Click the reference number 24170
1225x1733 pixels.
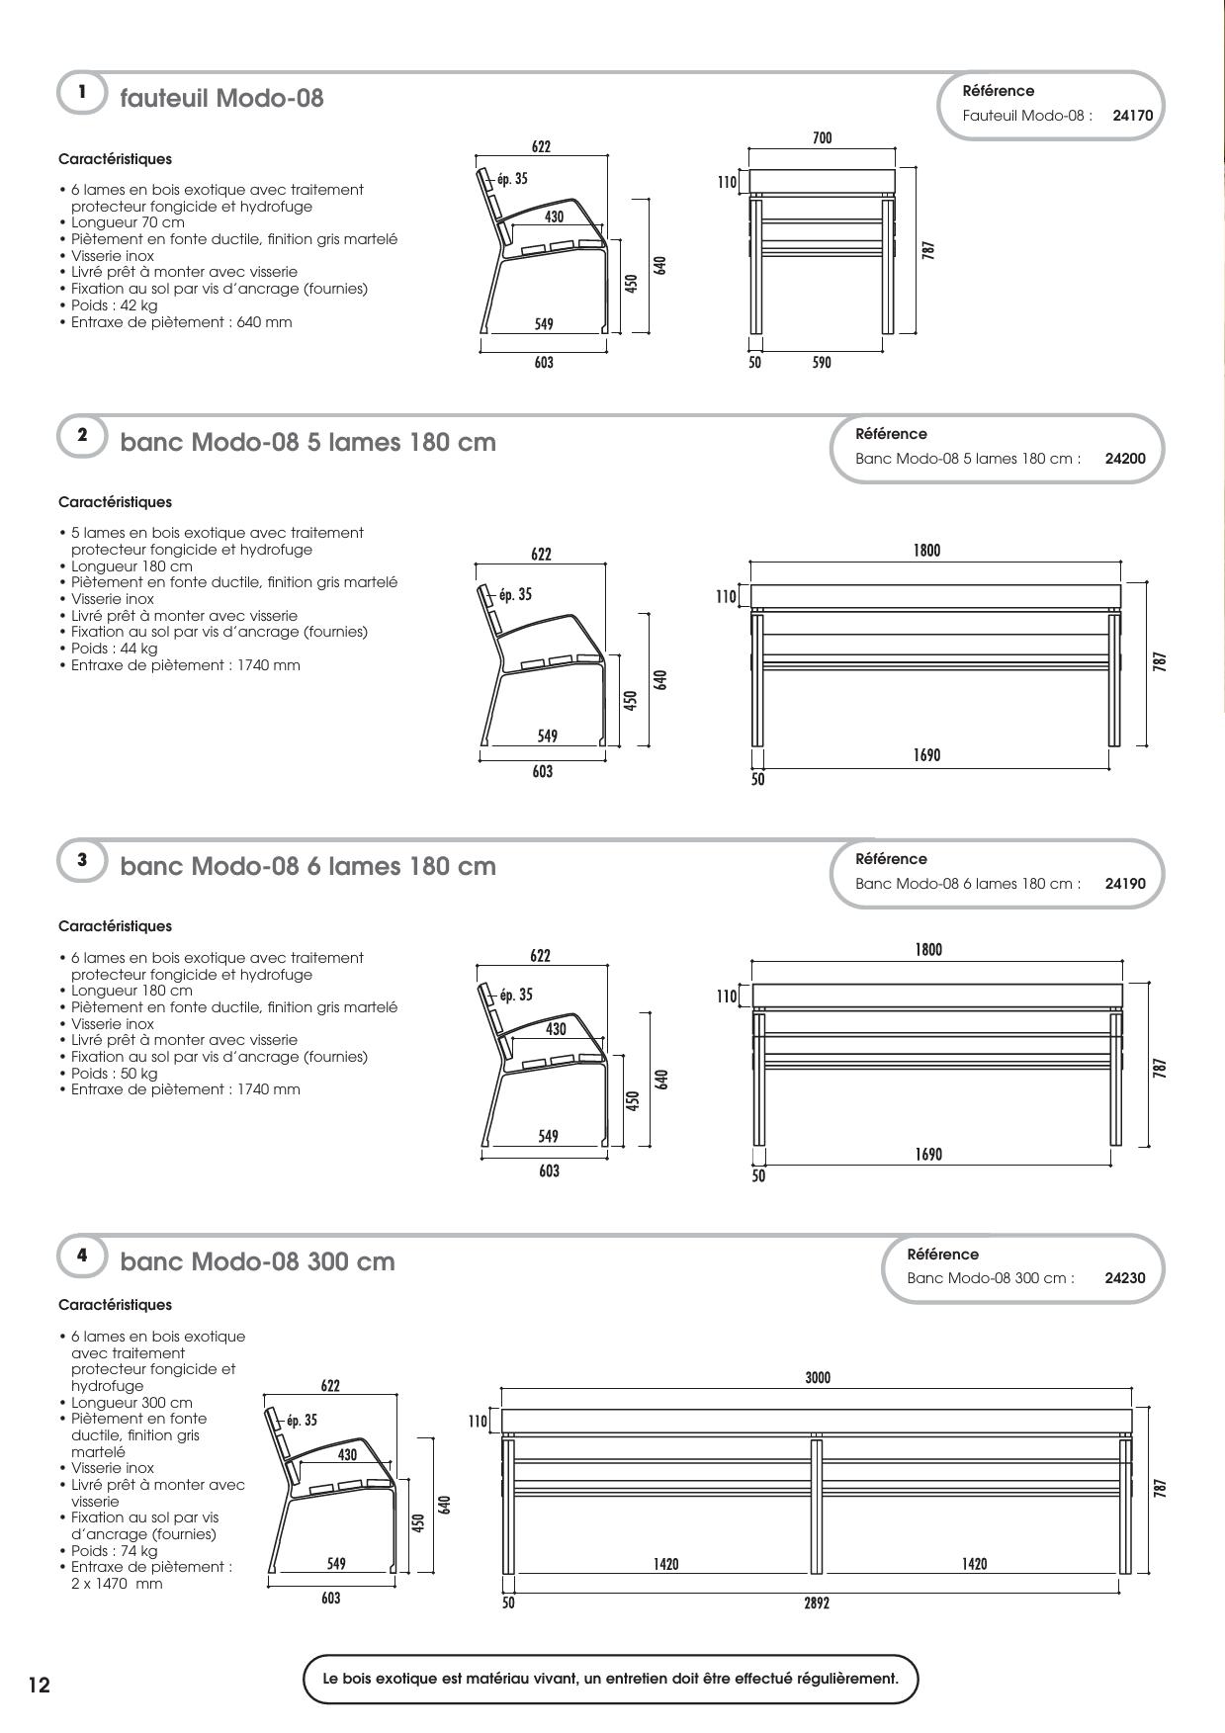pos(1132,115)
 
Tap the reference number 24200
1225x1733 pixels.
pos(1125,459)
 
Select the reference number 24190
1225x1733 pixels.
pos(1125,884)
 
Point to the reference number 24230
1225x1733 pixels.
pos(1125,1278)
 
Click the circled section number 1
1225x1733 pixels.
pos(82,93)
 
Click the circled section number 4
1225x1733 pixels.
pos(82,1256)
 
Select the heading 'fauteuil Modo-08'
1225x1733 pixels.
pos(221,99)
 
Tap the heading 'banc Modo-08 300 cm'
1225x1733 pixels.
pos(257,1261)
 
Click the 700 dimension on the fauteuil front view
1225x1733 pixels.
pos(823,138)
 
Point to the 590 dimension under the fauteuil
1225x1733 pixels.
pos(822,363)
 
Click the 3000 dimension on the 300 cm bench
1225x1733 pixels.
pos(818,1377)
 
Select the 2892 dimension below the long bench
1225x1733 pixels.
pos(817,1603)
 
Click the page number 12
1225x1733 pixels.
pos(39,1686)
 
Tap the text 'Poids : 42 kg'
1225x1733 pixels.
pos(114,305)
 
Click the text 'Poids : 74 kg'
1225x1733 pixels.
pos(114,1550)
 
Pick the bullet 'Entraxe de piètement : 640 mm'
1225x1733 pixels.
pos(181,322)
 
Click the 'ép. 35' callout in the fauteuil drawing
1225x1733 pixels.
pos(512,179)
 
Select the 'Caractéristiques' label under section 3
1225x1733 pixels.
pos(115,926)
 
